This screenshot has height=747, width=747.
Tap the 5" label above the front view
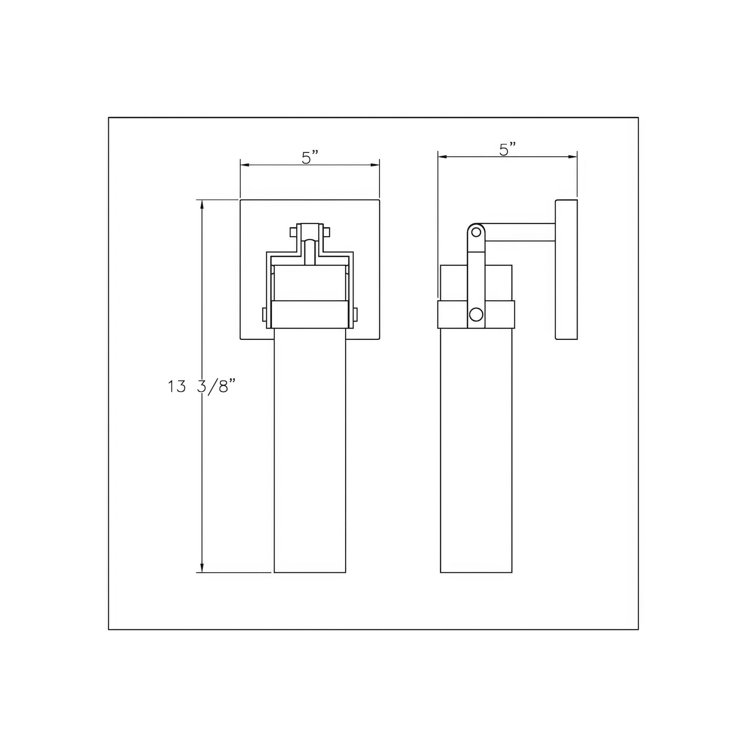point(310,158)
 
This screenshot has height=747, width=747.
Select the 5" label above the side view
point(508,149)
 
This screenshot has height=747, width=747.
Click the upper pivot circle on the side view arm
point(476,232)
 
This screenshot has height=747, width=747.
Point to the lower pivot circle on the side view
point(476,314)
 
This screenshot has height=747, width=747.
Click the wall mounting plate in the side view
point(567,270)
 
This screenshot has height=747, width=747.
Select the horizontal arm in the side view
point(520,232)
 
